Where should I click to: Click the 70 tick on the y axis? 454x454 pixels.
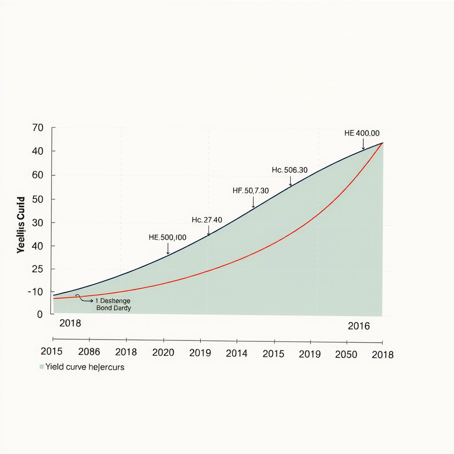(38, 128)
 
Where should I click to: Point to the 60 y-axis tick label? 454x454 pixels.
(38, 175)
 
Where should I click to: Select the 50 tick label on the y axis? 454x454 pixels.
(38, 199)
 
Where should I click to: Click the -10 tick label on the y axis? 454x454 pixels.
(35, 292)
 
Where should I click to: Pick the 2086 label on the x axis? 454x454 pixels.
(89, 352)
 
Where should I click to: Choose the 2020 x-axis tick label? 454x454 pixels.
(163, 353)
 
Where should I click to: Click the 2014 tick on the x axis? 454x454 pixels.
(237, 354)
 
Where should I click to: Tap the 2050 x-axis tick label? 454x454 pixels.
(346, 354)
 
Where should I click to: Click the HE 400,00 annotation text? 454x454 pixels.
(362, 133)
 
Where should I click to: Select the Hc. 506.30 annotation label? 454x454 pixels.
(290, 170)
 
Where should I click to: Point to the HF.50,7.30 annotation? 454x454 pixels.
(250, 191)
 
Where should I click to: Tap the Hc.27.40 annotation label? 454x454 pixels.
(207, 220)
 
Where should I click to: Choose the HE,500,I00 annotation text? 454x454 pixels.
(167, 238)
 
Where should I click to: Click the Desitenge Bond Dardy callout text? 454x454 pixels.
(113, 304)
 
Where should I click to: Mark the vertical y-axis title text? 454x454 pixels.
(21, 225)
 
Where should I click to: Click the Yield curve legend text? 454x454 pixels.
(85, 367)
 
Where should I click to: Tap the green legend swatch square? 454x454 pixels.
(42, 367)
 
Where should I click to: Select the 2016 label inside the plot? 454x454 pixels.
(359, 327)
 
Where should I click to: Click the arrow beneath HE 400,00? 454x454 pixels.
(363, 144)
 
